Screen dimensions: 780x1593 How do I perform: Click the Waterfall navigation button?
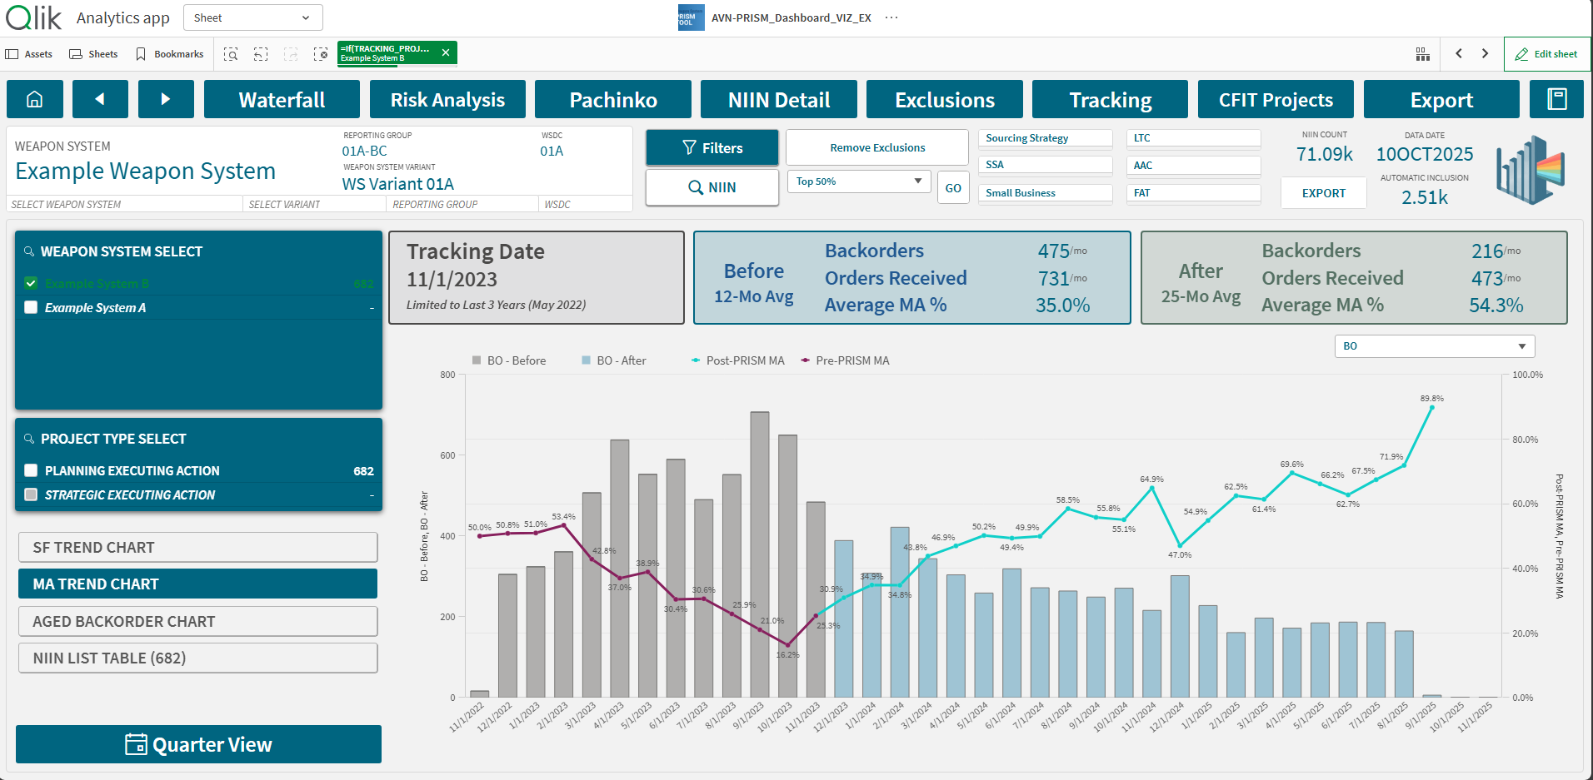coord(282,100)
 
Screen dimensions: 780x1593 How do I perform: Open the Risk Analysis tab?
coord(447,100)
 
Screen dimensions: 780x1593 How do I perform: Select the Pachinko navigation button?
coord(613,100)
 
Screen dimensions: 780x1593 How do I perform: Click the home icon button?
coord(35,100)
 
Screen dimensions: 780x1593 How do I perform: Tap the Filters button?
coord(712,148)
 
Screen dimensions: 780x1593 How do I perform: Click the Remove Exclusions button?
coord(877,148)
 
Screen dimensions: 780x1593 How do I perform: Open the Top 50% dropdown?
coord(859,181)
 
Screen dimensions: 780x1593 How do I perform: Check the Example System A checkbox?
coord(32,307)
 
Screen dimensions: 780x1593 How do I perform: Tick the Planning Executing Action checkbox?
coord(32,470)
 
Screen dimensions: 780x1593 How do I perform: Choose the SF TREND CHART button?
coord(197,548)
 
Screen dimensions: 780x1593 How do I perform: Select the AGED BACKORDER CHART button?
coord(197,622)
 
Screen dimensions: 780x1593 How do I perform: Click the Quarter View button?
coord(198,744)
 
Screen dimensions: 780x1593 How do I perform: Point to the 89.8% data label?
coord(1431,399)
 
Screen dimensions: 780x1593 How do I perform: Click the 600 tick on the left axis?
coord(448,455)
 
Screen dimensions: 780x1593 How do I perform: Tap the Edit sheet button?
coord(1547,54)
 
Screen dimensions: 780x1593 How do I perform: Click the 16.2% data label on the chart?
coord(787,655)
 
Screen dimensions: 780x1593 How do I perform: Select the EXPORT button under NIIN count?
coord(1323,193)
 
